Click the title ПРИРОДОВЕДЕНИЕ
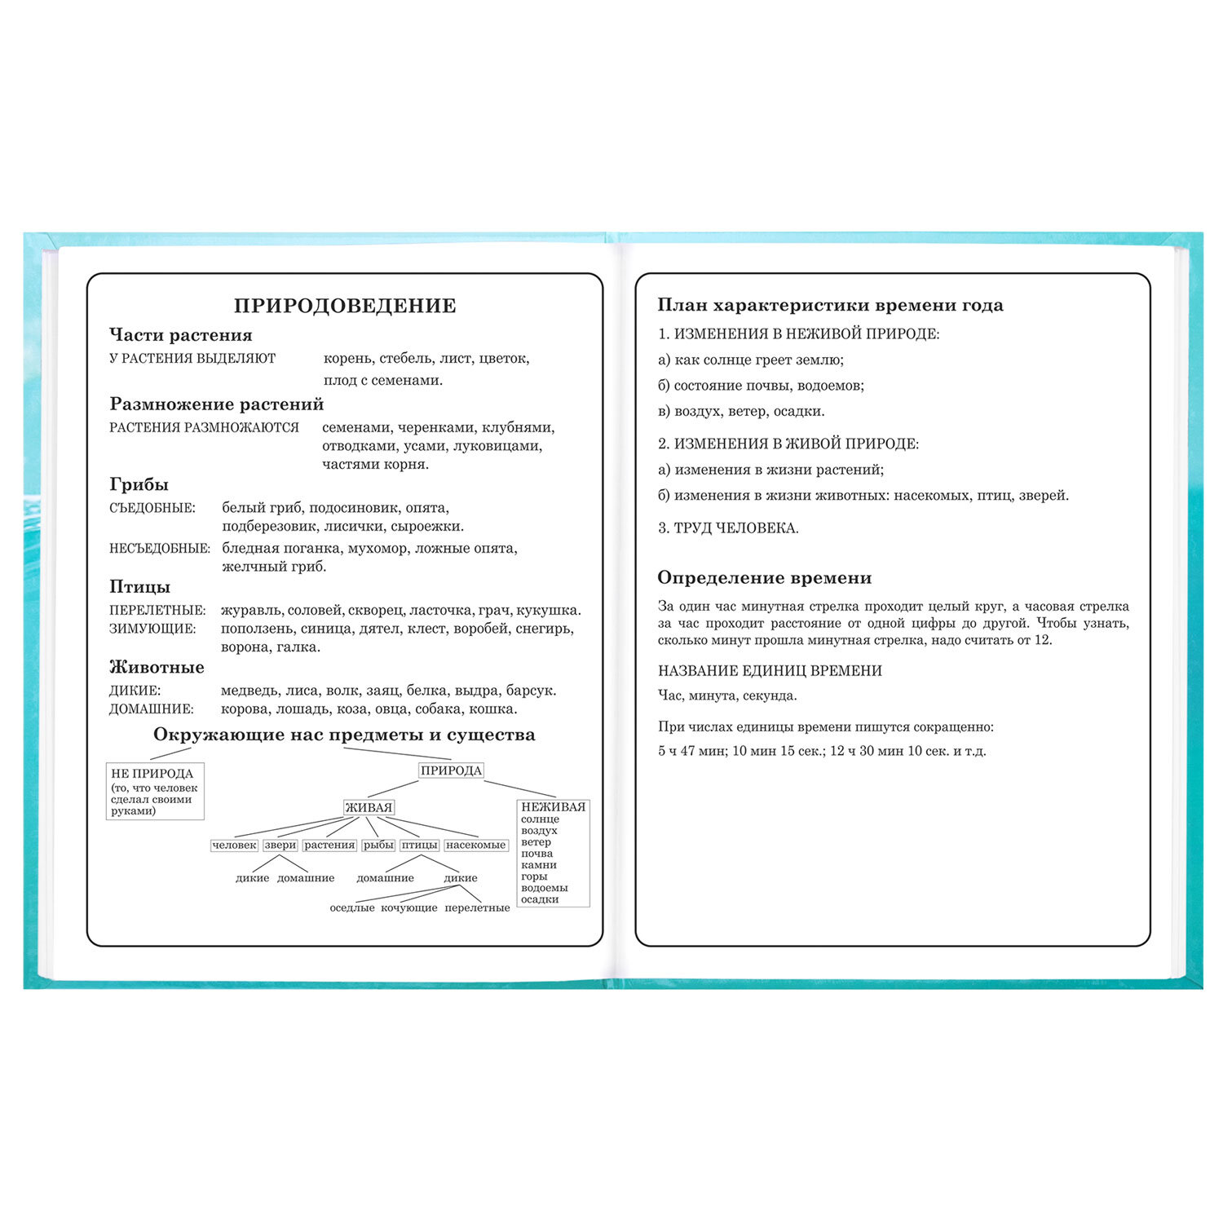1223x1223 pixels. (345, 306)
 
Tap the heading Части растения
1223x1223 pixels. (181, 335)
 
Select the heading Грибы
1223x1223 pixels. (139, 484)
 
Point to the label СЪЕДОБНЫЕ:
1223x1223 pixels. (152, 508)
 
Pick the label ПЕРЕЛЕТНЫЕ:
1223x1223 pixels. (157, 610)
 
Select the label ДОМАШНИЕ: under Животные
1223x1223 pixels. (152, 709)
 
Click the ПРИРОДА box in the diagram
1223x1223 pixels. (451, 770)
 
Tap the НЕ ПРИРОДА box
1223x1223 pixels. (154, 790)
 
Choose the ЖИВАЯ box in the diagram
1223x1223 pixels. (369, 807)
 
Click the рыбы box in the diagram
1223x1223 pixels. (379, 846)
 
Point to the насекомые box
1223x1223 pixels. (476, 846)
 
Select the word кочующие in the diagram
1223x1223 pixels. (409, 907)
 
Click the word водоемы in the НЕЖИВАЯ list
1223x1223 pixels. (544, 888)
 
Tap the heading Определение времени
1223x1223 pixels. (764, 578)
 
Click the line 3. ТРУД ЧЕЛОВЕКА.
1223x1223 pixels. (728, 528)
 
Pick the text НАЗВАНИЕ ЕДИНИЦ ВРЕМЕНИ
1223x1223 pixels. (770, 671)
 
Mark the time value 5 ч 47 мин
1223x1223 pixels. (691, 751)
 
